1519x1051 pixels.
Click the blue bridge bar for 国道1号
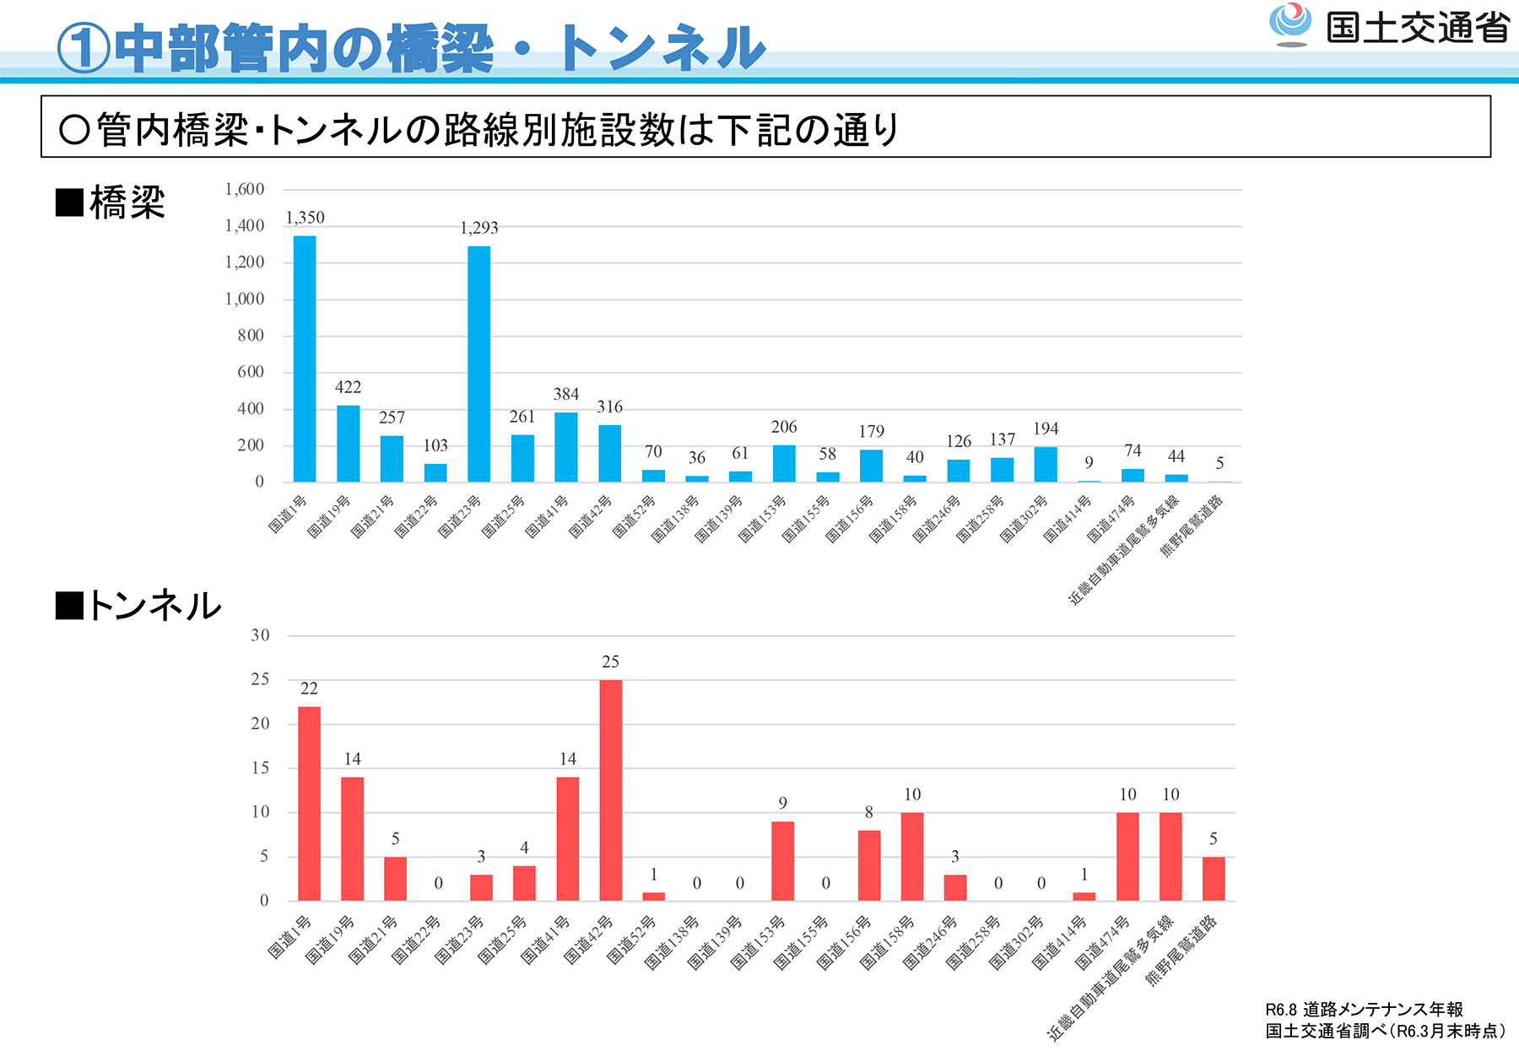[305, 358]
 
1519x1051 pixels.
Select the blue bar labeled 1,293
[478, 364]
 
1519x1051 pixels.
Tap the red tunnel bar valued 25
[610, 790]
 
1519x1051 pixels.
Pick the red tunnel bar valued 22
[309, 803]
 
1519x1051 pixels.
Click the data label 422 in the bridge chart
[348, 387]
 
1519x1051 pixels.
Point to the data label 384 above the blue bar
[566, 394]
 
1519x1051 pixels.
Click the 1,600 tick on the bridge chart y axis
[245, 189]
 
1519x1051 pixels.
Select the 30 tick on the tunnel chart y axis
[260, 635]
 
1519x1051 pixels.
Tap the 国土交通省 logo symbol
[1290, 24]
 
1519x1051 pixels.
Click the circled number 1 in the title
[84, 48]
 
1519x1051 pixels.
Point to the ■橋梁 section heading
[111, 202]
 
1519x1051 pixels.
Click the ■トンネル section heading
[138, 606]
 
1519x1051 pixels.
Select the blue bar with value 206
[784, 463]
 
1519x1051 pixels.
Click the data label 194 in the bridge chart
[1046, 428]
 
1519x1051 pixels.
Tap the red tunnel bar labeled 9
[782, 860]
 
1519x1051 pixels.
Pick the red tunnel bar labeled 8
[868, 865]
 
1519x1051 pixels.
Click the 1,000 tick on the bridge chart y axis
[245, 299]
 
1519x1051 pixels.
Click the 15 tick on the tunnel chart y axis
[260, 768]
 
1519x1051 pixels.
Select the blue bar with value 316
[609, 453]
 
